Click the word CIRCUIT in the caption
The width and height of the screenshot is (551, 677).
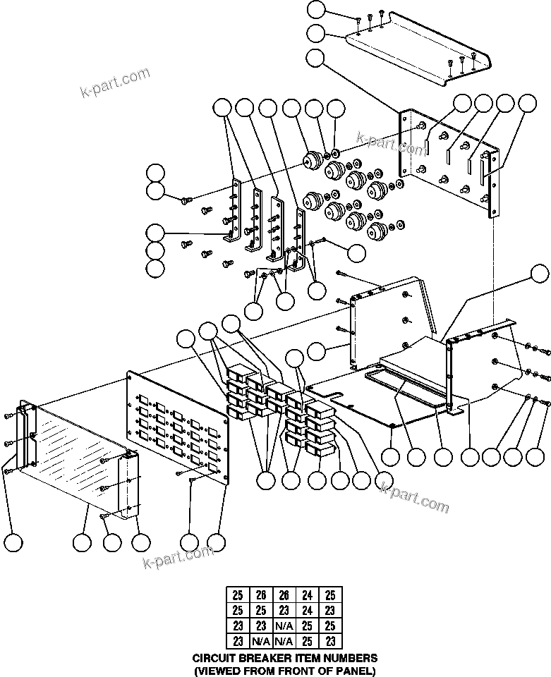pyautogui.click(x=217, y=657)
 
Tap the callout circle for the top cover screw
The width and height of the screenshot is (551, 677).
pyautogui.click(x=317, y=9)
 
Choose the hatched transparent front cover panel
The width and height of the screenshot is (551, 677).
pyautogui.click(x=71, y=451)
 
